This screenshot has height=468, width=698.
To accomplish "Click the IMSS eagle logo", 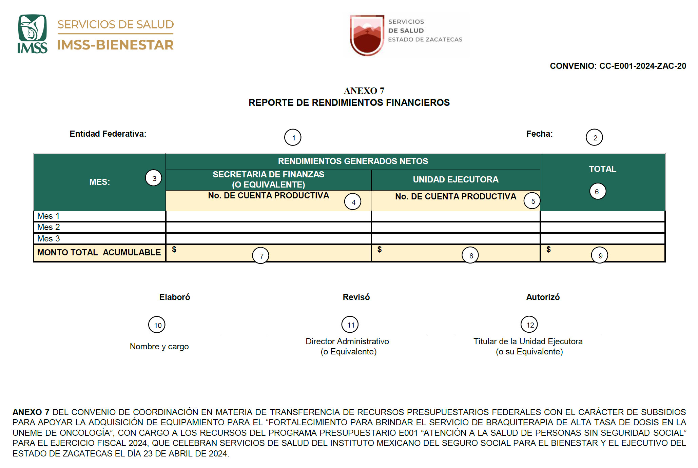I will pyautogui.click(x=32, y=34).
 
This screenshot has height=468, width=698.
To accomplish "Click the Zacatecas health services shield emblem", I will pyautogui.click(x=367, y=35).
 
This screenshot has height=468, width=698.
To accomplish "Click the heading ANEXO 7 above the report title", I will pyautogui.click(x=364, y=91).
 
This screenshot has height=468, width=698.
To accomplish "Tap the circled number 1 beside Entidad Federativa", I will pyautogui.click(x=293, y=137).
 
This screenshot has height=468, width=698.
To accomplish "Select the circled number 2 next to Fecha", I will pyautogui.click(x=594, y=137).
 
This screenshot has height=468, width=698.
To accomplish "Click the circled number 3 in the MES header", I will pyautogui.click(x=154, y=178).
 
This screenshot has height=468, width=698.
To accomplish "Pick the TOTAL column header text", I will pyautogui.click(x=602, y=169).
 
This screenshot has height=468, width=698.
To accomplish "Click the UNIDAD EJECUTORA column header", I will pyautogui.click(x=455, y=179).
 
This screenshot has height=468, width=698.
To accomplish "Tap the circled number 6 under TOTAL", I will pyautogui.click(x=597, y=191).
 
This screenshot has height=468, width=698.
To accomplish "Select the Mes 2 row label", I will pyautogui.click(x=49, y=227).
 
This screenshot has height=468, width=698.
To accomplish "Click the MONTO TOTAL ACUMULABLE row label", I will pyautogui.click(x=99, y=253).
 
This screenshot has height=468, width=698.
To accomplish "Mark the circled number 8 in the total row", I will pyautogui.click(x=470, y=255).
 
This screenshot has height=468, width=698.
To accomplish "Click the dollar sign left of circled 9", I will pyautogui.click(x=548, y=250).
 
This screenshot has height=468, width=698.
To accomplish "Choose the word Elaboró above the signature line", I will pyautogui.click(x=175, y=297).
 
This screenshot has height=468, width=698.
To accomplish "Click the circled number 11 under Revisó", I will pyautogui.click(x=350, y=325).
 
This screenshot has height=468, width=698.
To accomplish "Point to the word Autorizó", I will pyautogui.click(x=543, y=297).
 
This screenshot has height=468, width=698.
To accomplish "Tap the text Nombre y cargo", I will pyautogui.click(x=159, y=346).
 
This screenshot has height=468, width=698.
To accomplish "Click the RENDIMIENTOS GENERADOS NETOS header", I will pyautogui.click(x=353, y=161).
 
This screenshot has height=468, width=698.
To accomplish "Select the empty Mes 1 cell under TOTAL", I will pyautogui.click(x=602, y=216).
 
